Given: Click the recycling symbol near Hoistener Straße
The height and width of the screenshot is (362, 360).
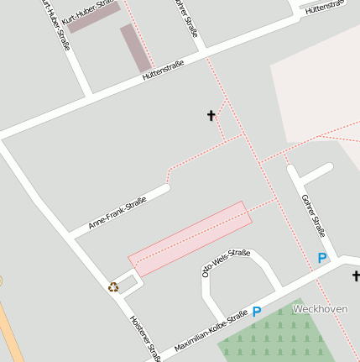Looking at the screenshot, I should tap(113, 286).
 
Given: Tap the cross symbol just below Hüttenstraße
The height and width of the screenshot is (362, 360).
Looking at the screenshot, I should tap(211, 115).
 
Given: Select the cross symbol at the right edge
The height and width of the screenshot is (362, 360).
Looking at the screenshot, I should tap(356, 275).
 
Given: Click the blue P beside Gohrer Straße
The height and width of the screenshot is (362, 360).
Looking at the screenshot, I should tap(321, 258).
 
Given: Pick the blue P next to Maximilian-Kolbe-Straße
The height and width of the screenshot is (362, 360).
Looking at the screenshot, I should tap(257, 312).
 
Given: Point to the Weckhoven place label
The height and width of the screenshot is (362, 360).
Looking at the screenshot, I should tap(320, 308).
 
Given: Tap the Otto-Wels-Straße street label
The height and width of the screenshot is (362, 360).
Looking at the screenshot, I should tap(226, 263).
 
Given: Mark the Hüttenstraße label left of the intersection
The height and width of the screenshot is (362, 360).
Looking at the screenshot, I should tap(163, 75).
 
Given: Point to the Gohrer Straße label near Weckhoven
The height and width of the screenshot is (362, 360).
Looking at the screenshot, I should tap(312, 216).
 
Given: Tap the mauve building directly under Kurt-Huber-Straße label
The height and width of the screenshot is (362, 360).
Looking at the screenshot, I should tap(93, 18).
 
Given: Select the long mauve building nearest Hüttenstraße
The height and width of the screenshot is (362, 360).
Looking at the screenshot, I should tap(135, 48).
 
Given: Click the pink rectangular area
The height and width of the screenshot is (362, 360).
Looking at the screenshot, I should tap(190, 239).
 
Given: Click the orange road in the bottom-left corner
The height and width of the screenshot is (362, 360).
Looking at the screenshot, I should tap(10, 332).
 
